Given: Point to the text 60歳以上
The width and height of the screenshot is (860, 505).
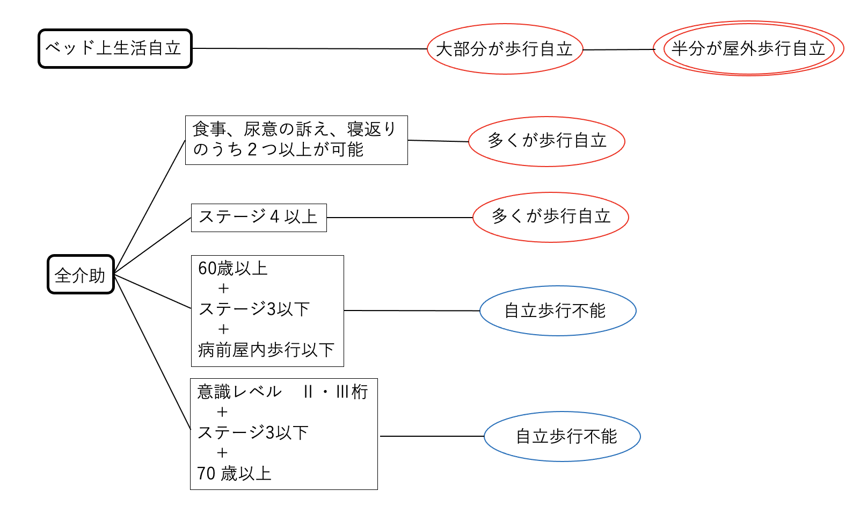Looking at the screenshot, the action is pos(232,268).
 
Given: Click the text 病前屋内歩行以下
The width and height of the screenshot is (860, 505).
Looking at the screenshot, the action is pos(266,350).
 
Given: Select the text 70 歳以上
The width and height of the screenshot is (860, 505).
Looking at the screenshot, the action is pos(234,473).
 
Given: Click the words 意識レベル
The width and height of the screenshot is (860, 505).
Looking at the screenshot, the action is pos(239,392).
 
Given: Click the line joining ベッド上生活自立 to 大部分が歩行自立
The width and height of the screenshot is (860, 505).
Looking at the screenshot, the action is pos(310,48).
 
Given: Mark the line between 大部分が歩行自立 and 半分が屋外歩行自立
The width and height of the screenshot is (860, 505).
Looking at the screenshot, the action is pos(618,49).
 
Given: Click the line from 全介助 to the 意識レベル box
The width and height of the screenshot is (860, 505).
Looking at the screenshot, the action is pos(152,352).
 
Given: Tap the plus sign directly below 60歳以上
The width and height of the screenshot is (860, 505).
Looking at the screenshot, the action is pos(223,288).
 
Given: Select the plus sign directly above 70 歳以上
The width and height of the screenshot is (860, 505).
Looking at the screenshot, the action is pos(222,453).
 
